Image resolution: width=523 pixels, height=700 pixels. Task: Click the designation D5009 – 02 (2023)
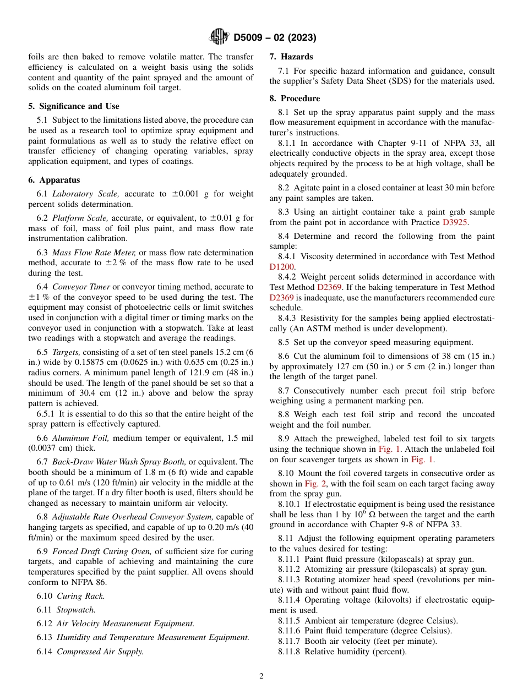click(x=275, y=38)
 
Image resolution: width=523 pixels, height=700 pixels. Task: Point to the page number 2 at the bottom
click(x=261, y=676)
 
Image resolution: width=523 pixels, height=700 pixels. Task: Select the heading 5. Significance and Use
click(x=74, y=106)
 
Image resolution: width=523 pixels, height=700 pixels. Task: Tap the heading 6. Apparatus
click(x=54, y=180)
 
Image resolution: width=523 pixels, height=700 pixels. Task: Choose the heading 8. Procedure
click(x=295, y=99)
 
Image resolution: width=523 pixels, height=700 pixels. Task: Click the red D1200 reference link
click(x=282, y=267)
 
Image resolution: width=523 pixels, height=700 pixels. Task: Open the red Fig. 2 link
click(x=315, y=484)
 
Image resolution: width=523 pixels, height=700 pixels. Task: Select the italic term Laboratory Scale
click(x=85, y=194)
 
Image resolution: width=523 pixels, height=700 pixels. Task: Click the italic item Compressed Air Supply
click(x=100, y=652)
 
